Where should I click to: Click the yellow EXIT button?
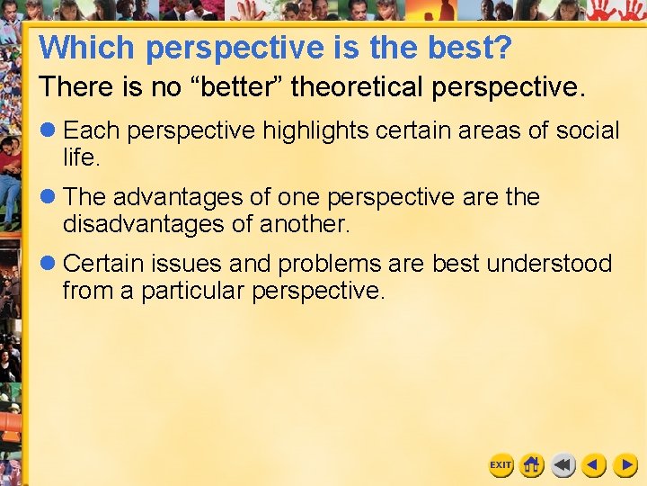[501, 465]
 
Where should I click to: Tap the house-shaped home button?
[532, 465]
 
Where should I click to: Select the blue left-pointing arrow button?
[593, 465]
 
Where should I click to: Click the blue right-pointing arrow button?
[625, 465]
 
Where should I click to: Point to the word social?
[587, 130]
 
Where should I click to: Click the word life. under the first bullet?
[80, 157]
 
